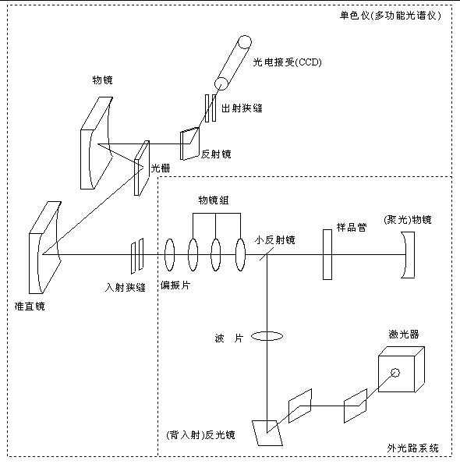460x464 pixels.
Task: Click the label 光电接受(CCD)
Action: click(x=287, y=62)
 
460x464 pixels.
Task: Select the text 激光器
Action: click(x=404, y=335)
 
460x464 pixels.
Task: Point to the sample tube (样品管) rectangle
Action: click(x=327, y=254)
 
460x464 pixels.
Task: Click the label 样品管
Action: click(x=352, y=227)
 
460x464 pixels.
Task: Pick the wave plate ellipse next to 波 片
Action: click(x=267, y=336)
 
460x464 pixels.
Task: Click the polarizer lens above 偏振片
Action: click(x=169, y=255)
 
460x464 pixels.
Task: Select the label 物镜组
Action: click(x=214, y=200)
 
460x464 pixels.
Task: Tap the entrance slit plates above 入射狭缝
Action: click(x=137, y=256)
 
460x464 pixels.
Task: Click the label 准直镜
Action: click(x=30, y=306)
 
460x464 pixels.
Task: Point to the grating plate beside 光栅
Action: click(x=142, y=168)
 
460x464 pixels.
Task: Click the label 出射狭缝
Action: click(x=242, y=108)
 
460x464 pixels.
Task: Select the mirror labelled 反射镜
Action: click(x=189, y=143)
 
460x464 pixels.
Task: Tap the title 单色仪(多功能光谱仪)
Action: click(x=391, y=16)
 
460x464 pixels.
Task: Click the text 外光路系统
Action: click(x=412, y=448)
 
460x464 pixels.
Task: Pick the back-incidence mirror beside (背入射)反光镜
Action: click(x=267, y=433)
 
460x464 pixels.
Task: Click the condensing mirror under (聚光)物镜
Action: click(x=408, y=255)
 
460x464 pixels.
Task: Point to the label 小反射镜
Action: click(x=274, y=239)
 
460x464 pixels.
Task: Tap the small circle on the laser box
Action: click(x=395, y=373)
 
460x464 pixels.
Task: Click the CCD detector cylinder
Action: click(x=233, y=62)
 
